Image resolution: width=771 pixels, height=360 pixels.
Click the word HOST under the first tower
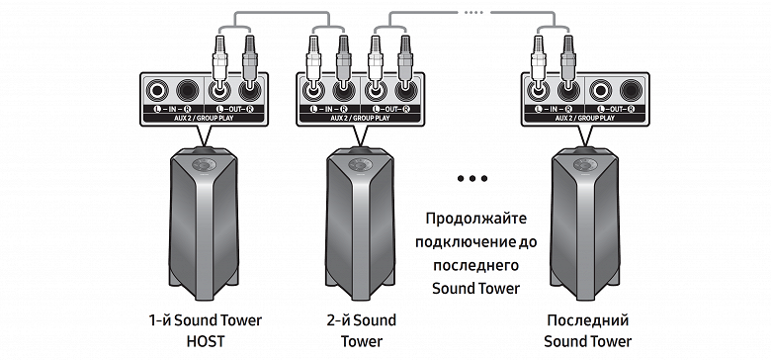[205, 341]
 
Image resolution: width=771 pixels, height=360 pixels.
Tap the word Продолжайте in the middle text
[476, 219]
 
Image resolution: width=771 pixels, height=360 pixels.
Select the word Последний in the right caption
[587, 320]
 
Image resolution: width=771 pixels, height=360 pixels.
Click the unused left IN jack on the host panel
[157, 90]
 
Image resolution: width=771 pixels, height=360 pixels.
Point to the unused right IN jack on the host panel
[188, 90]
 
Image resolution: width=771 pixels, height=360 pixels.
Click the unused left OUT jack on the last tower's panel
[600, 90]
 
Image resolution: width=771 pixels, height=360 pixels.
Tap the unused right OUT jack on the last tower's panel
[631, 90]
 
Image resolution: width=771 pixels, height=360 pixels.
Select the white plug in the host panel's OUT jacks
[219, 61]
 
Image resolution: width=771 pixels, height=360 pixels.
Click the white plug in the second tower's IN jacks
[313, 61]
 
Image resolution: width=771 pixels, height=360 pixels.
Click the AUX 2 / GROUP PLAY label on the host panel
[204, 118]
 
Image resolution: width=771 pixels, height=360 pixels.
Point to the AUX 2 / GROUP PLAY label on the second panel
[360, 118]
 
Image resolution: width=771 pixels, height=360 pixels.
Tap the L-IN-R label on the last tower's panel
[554, 109]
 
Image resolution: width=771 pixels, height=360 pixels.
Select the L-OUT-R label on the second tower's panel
[390, 109]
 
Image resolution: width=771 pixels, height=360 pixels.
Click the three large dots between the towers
[472, 179]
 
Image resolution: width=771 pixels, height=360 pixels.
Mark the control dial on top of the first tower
[204, 164]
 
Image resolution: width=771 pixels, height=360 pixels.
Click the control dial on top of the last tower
[584, 164]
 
